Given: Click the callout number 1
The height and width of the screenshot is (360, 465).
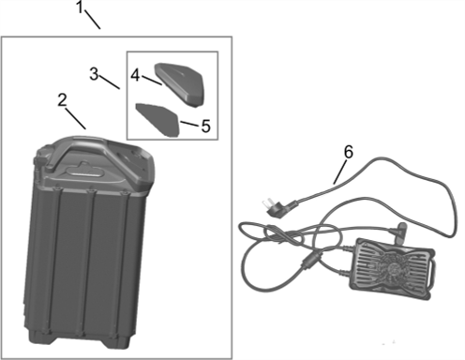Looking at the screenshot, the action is [x=80, y=7].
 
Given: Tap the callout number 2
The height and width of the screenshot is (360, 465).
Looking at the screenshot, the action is [x=63, y=100].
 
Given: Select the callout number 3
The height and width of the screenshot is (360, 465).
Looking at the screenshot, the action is [x=94, y=74].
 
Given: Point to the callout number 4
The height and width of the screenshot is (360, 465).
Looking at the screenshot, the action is [x=135, y=75].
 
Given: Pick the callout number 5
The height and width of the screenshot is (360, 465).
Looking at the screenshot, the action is [x=205, y=126].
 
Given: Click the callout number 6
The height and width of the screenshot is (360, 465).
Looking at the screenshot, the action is [x=349, y=152].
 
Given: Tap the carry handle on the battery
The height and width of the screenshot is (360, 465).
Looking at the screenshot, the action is [x=82, y=150].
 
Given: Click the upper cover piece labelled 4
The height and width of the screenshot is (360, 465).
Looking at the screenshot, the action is [x=179, y=84].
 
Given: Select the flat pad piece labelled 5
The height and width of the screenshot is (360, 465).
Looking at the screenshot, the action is [x=157, y=119].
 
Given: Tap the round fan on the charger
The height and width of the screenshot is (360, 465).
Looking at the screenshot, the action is [x=393, y=268].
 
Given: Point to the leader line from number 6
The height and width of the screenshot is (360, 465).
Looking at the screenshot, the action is [x=340, y=172].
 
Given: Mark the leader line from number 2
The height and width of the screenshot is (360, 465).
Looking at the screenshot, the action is [x=76, y=119].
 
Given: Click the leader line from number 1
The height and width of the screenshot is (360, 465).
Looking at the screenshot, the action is [x=93, y=20].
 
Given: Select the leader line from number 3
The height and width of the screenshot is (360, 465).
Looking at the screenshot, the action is [x=110, y=82].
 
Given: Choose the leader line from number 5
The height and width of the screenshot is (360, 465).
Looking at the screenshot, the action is [x=189, y=124].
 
